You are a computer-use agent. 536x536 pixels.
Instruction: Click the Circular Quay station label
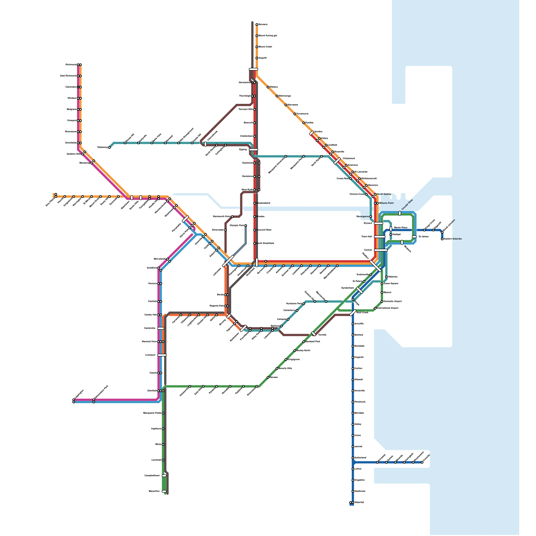tap(407, 205)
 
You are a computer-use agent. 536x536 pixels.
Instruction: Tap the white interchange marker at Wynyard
tap(379, 223)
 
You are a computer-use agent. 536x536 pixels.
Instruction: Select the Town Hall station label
tap(366, 237)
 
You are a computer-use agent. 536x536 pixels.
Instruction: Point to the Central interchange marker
tap(381, 250)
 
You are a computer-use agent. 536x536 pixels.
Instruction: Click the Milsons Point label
tap(386, 203)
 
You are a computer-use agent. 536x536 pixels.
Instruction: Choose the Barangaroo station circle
tap(371, 216)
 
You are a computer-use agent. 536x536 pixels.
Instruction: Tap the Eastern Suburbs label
tap(453, 239)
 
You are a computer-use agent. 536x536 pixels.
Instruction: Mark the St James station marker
tap(414, 237)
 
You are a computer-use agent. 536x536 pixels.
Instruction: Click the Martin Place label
tap(401, 228)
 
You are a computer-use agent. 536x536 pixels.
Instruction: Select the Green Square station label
tap(391, 283)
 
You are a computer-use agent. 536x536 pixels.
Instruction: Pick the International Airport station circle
tap(375, 308)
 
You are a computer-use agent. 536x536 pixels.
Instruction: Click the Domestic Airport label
tap(393, 301)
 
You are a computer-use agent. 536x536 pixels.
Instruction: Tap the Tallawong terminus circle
tap(109, 147)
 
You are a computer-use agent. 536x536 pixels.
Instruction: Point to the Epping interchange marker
tap(254, 149)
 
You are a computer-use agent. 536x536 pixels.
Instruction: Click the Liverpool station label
tap(150, 355)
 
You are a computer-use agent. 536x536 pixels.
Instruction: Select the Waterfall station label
tap(359, 503)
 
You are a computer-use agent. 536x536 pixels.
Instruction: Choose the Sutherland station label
tap(360, 458)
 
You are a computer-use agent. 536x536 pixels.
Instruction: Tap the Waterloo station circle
tap(386, 277)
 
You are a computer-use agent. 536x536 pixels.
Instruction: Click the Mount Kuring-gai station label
tap(268, 36)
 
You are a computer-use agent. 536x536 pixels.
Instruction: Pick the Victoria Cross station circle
tap(366, 194)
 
